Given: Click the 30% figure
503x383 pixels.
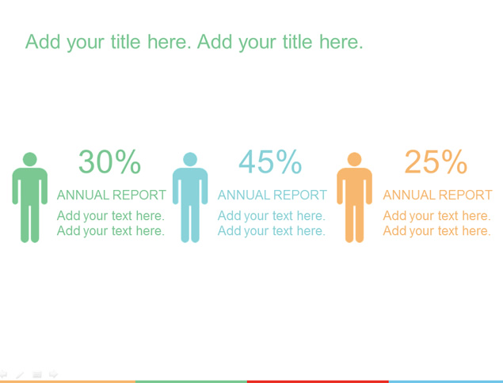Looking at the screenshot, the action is (x=110, y=161).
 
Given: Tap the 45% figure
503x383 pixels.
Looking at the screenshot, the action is (x=270, y=161).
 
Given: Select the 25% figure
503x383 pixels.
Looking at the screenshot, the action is (x=436, y=161).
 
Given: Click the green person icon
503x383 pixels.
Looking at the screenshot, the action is (x=30, y=197).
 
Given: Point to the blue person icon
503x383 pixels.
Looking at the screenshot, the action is (x=190, y=197).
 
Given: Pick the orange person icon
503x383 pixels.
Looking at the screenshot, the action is (x=354, y=197).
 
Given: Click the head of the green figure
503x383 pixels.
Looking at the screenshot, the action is (x=30, y=159).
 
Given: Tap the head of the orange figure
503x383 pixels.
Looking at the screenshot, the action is (x=354, y=159).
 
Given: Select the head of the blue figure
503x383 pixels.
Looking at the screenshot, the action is (x=190, y=159).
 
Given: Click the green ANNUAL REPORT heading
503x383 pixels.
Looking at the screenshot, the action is (x=112, y=195).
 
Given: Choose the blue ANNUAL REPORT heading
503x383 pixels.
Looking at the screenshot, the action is (x=272, y=195).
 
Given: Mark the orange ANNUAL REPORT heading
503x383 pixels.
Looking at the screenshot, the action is (x=437, y=195).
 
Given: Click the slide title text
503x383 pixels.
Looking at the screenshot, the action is (x=194, y=42).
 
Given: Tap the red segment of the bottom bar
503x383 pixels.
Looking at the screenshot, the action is (x=318, y=381).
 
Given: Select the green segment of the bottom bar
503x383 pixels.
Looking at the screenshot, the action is (x=191, y=381).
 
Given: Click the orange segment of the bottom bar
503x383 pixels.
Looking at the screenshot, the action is (x=67, y=381).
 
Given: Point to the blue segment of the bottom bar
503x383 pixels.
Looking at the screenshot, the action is (x=446, y=381).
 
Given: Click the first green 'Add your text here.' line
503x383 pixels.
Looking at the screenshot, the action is (x=111, y=216).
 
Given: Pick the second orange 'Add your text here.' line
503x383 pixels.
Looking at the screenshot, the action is (x=437, y=231).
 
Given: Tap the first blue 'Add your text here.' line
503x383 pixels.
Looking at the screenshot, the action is (x=272, y=216).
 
